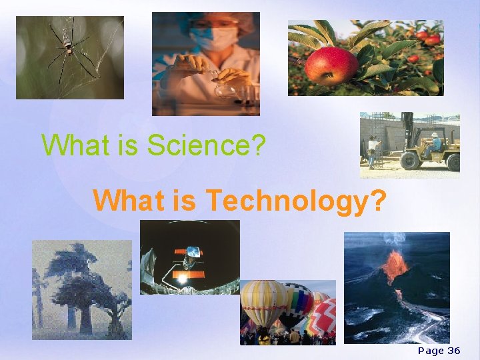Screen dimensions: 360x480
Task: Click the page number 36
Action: [x=453, y=351]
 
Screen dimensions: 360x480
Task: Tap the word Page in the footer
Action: [x=430, y=351]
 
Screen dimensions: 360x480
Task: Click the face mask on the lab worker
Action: [x=223, y=38]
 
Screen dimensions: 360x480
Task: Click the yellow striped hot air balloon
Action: [x=265, y=301]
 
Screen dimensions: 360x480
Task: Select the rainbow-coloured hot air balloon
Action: [x=297, y=304]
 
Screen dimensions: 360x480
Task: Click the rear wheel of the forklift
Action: [x=453, y=161]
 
